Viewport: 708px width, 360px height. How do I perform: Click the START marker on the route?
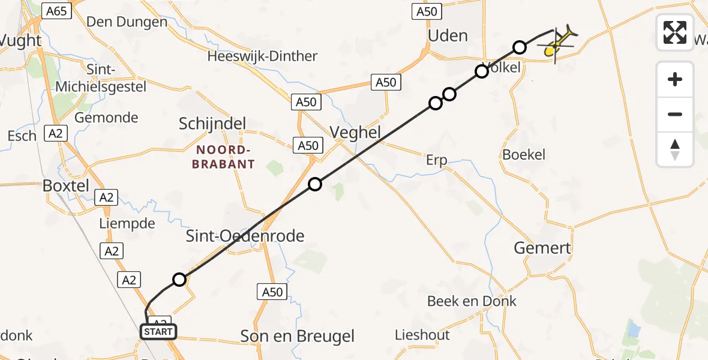(x=158, y=331)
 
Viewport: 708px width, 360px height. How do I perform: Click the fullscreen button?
(x=675, y=32)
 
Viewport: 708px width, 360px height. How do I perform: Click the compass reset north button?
(x=675, y=149)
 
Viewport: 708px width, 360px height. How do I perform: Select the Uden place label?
(x=448, y=35)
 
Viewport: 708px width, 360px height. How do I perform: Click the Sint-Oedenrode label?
(x=245, y=236)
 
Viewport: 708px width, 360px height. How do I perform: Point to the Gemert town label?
(x=543, y=247)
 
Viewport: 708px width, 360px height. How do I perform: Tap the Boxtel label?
(x=66, y=185)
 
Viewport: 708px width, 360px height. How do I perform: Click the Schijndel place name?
(x=212, y=124)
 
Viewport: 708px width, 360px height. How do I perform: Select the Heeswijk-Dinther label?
(x=262, y=56)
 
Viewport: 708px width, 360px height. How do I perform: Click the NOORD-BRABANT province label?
(x=224, y=156)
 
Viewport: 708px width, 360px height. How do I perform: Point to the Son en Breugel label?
(x=297, y=336)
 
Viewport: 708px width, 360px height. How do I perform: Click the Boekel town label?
(x=524, y=154)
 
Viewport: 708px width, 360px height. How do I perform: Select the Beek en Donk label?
(x=472, y=301)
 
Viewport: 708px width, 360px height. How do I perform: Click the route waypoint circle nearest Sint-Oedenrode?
(x=179, y=279)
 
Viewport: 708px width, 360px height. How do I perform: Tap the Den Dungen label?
(x=127, y=22)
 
